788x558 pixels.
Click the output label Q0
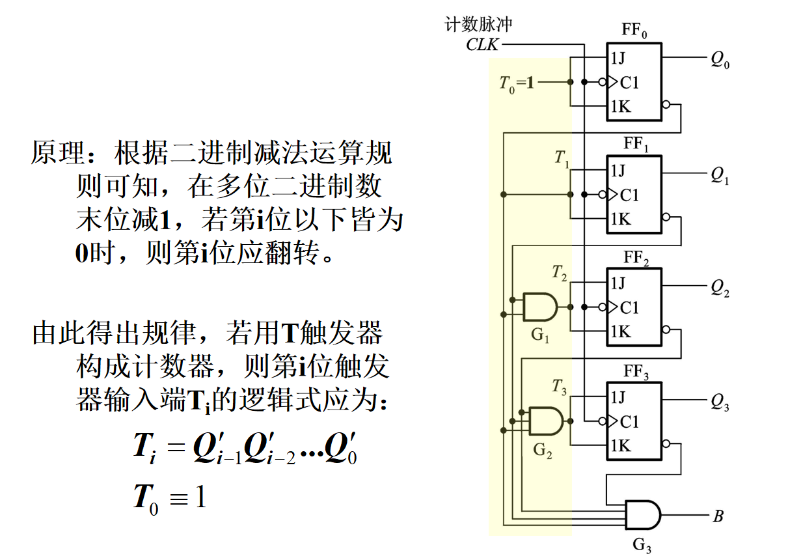pyautogui.click(x=720, y=61)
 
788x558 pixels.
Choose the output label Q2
pyautogui.click(x=720, y=290)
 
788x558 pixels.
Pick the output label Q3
pyautogui.click(x=720, y=404)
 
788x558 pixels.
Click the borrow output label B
pyautogui.click(x=718, y=517)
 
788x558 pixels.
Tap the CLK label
pyautogui.click(x=483, y=45)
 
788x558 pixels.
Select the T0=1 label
pyautogui.click(x=517, y=83)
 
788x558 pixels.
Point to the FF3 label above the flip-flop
pyautogui.click(x=636, y=373)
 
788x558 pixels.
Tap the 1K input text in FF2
pyautogui.click(x=619, y=331)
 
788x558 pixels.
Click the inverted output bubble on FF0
pyautogui.click(x=666, y=105)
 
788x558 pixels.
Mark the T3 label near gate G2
pyautogui.click(x=560, y=387)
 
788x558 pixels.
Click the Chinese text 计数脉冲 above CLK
pyautogui.click(x=478, y=25)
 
